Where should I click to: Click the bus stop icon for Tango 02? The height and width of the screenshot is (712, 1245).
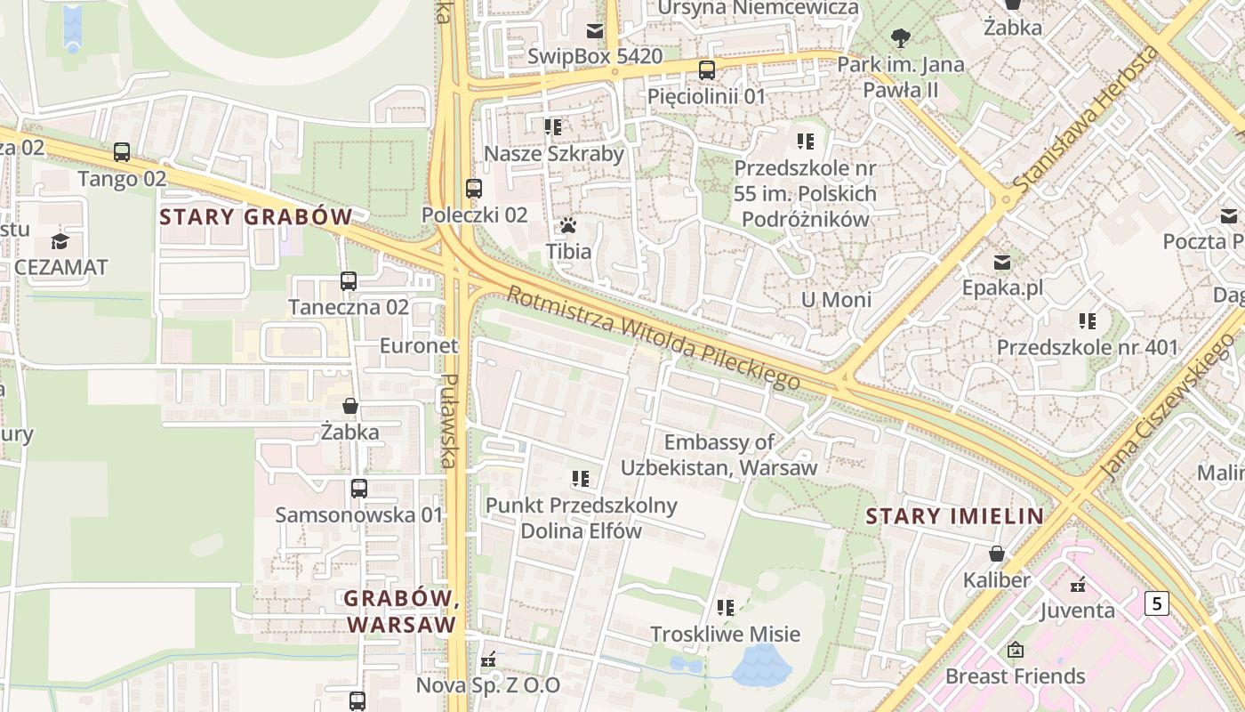click(122, 152)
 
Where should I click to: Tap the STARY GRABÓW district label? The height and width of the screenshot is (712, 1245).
click(256, 216)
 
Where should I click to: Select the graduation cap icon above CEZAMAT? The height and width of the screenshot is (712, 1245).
click(60, 241)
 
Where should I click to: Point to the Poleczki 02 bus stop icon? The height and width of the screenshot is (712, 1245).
click(474, 189)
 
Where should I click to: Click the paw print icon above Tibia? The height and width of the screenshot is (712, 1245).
click(568, 225)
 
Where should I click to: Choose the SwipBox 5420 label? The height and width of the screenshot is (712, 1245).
click(595, 57)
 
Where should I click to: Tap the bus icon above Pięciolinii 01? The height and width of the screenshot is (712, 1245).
click(707, 69)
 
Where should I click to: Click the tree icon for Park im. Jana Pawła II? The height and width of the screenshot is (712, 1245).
click(901, 37)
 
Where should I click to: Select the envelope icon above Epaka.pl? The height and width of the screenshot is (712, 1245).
click(1002, 263)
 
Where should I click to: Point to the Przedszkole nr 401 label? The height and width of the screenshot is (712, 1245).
click(1087, 347)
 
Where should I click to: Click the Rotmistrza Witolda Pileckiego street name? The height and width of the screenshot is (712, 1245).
click(654, 337)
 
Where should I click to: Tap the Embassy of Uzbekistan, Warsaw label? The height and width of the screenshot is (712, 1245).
click(719, 455)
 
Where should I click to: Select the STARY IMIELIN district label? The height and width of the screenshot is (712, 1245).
click(954, 516)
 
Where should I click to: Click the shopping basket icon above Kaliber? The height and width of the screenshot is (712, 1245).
click(997, 554)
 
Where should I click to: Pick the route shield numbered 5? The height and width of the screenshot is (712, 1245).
click(1155, 603)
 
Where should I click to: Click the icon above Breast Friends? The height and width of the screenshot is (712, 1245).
click(1015, 651)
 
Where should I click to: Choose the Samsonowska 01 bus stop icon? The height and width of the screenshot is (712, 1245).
click(358, 489)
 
